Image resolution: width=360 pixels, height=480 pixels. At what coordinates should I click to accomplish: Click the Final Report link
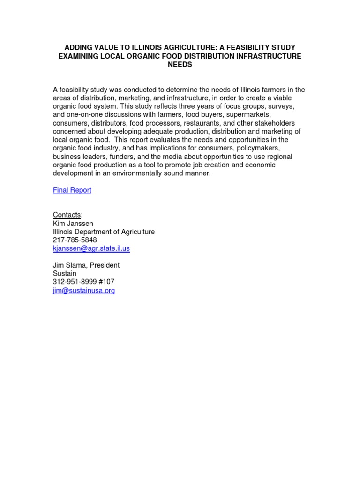tap(72, 190)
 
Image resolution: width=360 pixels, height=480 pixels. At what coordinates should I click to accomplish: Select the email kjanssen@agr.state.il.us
tap(91, 248)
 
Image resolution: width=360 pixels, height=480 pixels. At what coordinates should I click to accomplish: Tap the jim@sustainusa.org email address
tap(83, 291)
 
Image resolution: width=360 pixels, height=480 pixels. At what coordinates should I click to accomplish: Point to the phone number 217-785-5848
tap(75, 240)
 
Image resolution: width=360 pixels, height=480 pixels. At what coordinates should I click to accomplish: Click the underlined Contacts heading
tap(67, 215)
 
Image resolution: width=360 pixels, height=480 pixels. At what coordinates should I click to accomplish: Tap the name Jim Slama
tap(69, 265)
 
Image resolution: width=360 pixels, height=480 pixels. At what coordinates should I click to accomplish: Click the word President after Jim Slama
tap(105, 265)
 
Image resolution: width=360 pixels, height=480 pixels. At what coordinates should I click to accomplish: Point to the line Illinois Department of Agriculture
tap(104, 232)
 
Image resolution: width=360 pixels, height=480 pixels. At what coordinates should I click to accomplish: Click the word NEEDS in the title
tap(180, 65)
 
